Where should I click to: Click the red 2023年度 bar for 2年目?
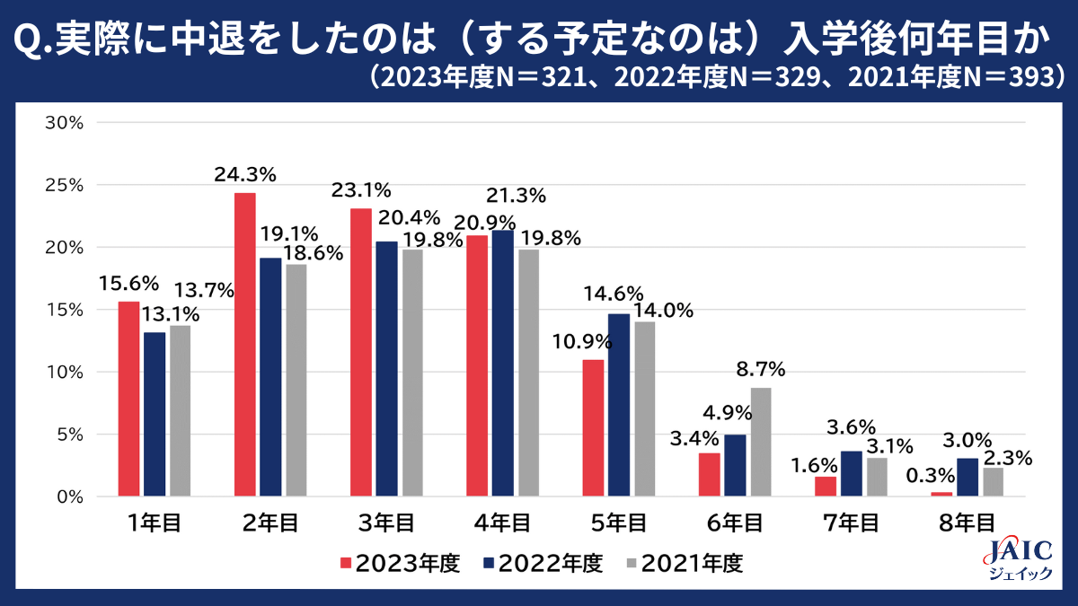click(244, 345)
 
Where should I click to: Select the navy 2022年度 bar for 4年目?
click(502, 364)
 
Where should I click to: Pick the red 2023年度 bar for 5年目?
click(593, 428)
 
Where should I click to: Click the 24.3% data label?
click(244, 175)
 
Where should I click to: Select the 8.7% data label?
click(760, 369)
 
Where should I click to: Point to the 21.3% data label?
click(515, 195)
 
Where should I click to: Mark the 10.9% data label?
click(582, 342)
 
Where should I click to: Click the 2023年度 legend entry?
click(400, 564)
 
